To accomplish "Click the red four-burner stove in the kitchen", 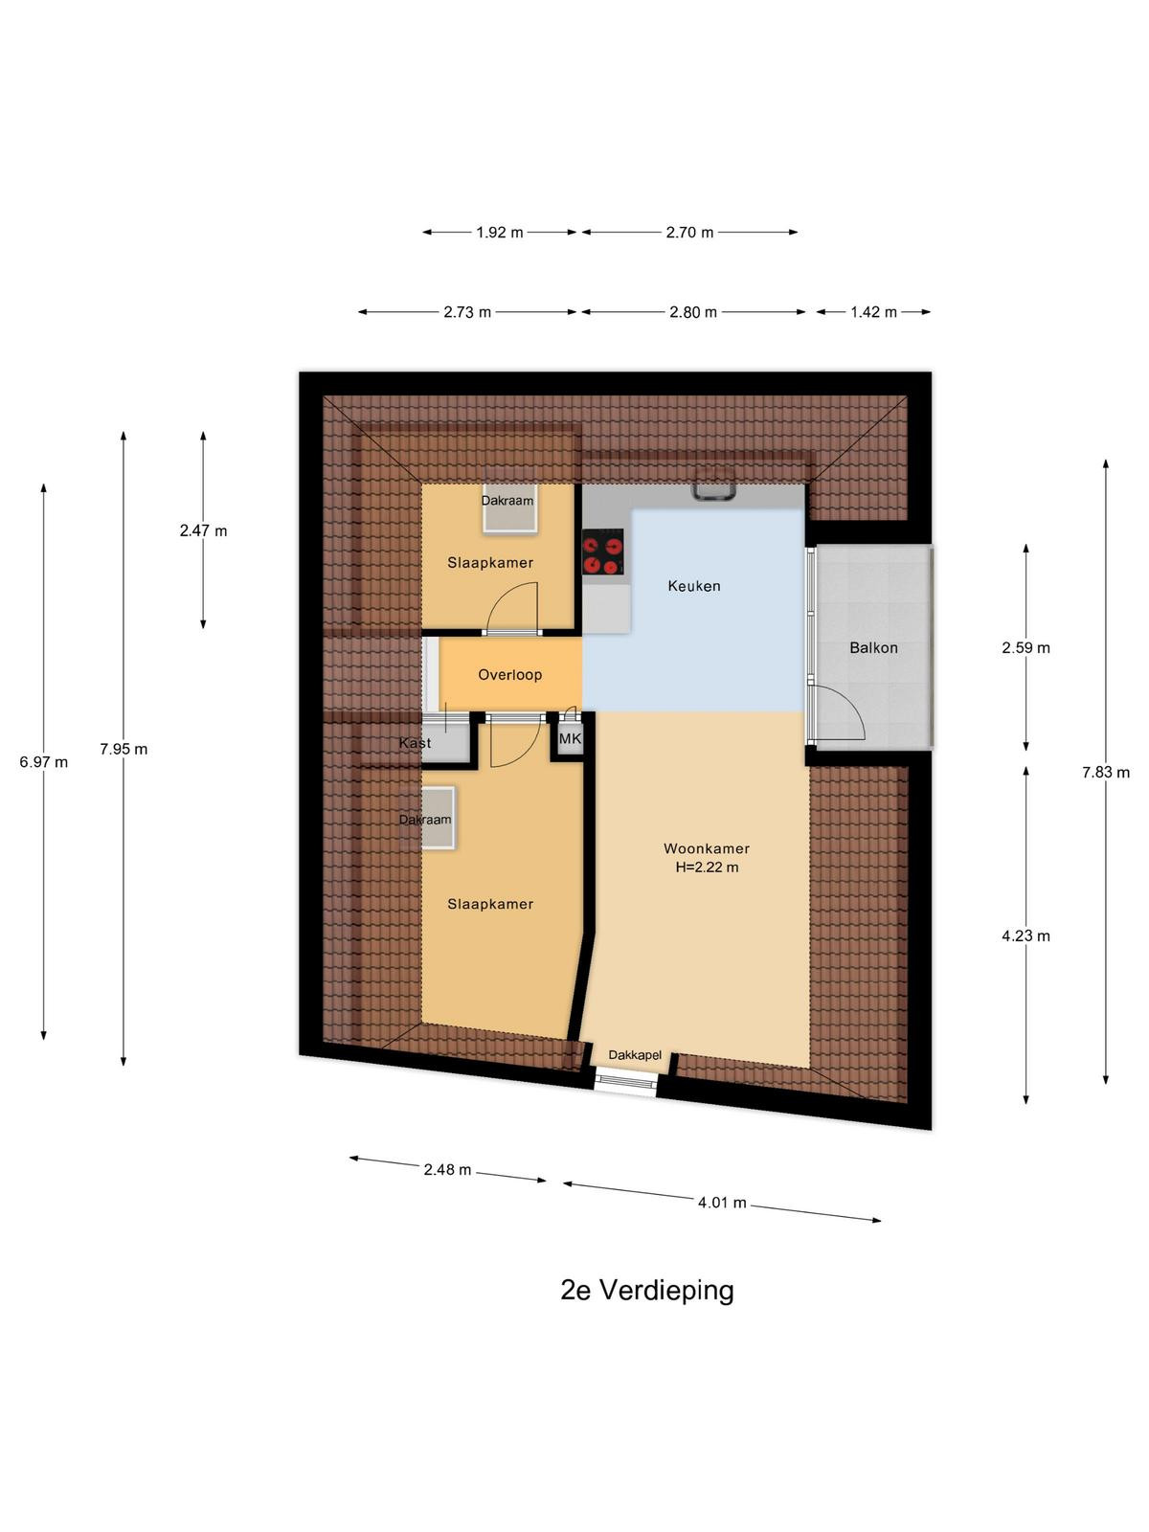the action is (603, 552).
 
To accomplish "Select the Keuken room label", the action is (694, 586).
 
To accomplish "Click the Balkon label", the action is (873, 647).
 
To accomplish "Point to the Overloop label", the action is (510, 675).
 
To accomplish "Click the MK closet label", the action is (570, 738).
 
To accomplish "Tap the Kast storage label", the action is (416, 743).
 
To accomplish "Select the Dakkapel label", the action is (635, 1055).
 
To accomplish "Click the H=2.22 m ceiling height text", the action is (707, 867).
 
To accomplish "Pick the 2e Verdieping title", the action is (647, 1291).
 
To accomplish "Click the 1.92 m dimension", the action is (500, 233).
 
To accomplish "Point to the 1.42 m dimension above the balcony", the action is (873, 312).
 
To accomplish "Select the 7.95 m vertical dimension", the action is (124, 750).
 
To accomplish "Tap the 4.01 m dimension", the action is (722, 1203).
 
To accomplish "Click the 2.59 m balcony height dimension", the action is (1025, 647).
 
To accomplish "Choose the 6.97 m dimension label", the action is (44, 762).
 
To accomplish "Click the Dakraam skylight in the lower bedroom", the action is (437, 818).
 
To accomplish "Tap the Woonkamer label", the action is (707, 848).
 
